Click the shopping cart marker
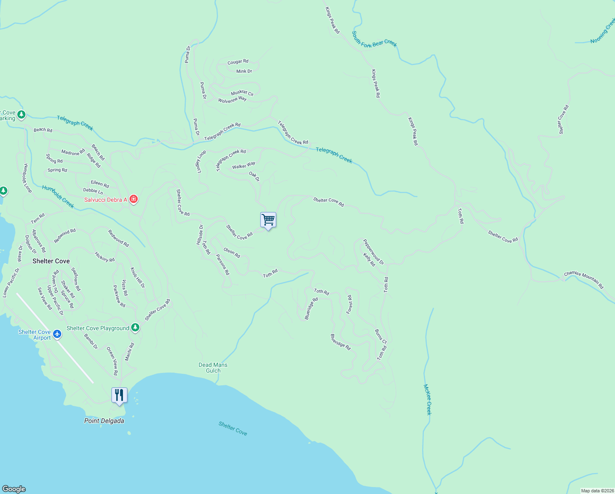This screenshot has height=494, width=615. (268, 220)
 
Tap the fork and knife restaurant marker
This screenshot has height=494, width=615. (119, 395)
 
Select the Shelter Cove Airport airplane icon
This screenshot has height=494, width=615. (57, 334)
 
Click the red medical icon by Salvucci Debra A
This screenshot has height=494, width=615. (133, 200)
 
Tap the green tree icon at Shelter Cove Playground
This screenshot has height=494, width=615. (135, 328)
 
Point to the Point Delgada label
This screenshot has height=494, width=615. (104, 421)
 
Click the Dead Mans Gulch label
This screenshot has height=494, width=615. (213, 368)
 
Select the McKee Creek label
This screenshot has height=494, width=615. (428, 399)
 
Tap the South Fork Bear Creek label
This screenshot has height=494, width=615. (374, 38)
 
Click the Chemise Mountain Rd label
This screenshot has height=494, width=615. (584, 280)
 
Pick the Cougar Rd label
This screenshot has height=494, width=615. (238, 62)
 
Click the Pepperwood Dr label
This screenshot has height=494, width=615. (373, 252)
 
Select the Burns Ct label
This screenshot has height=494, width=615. (381, 336)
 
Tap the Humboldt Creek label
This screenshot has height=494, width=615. (58, 196)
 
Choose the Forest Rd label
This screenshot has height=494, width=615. (349, 304)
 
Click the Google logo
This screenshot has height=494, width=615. (14, 489)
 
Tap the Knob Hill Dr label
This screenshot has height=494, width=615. (138, 277)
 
